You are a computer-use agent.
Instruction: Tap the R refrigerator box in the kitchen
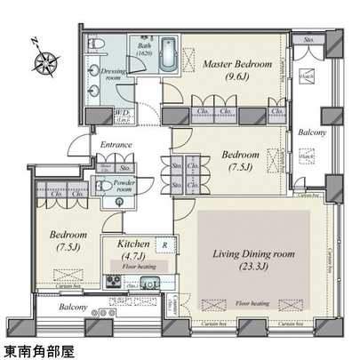(165, 243)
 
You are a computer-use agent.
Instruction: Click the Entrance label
(116, 144)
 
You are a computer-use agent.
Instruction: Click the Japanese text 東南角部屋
(38, 349)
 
